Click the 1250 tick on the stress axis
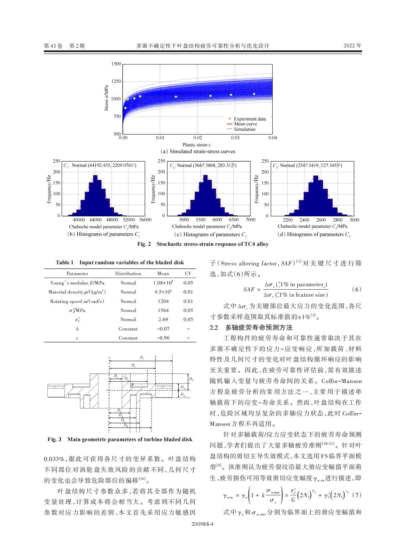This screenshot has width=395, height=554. point(116,81)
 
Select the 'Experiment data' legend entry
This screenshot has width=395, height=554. point(249,119)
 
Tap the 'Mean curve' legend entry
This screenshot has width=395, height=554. point(245,124)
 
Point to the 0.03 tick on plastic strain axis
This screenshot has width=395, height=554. point(235,138)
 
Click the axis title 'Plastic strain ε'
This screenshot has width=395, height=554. point(197,145)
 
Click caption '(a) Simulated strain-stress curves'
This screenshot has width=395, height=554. point(197,151)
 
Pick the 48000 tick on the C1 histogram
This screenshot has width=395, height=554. point(112,220)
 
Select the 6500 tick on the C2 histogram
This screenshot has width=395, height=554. point(234,220)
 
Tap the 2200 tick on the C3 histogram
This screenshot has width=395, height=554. point(288,220)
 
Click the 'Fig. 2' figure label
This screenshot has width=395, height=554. point(144,244)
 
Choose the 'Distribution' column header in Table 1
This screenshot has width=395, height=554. point(128,274)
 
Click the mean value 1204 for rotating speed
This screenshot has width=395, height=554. point(163,301)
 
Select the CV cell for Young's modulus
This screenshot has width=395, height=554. point(188,283)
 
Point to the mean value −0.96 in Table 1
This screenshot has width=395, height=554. point(163,338)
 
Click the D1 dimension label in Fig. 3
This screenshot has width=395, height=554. point(142,358)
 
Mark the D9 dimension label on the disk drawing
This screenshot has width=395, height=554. point(191,379)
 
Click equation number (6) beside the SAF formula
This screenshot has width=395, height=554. point(356,289)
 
